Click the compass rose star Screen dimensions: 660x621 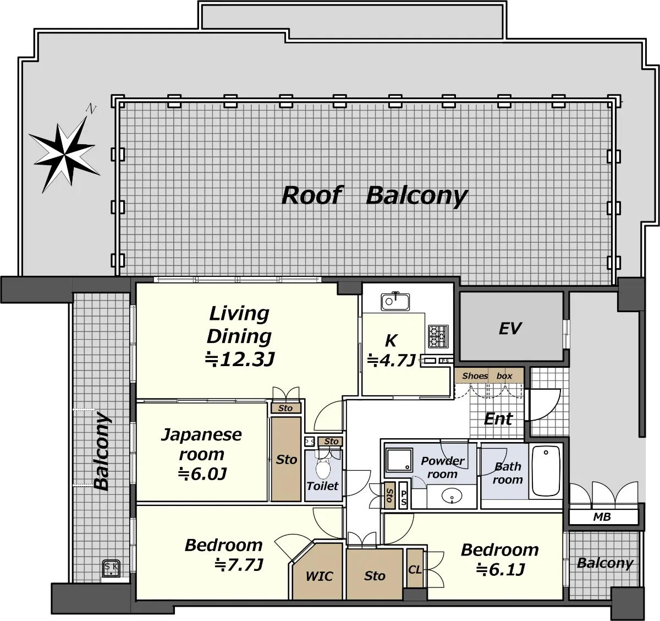pos(64,155)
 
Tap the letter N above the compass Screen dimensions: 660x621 pos(91,109)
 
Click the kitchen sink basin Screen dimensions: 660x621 pos(395,302)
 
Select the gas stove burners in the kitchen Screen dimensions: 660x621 pos(438,336)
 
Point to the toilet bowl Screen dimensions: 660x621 pos(323,468)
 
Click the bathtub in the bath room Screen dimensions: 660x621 pos(546,471)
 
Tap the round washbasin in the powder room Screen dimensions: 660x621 pos(452,496)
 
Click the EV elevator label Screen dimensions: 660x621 pos(510,328)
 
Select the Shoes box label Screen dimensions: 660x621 pos(487,376)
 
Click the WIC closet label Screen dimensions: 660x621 pos(319,576)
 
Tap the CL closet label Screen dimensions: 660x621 pos(415,570)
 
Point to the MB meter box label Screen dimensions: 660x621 pos(602,517)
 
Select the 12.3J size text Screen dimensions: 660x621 pos(240,359)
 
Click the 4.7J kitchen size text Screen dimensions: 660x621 pos(392,360)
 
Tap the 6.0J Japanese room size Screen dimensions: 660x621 pos(202,474)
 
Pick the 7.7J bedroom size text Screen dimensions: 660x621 pos(239,564)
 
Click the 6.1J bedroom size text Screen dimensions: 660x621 pos(501,569)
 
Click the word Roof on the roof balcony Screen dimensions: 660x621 pos(312,195)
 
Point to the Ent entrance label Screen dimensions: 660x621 pos(498,418)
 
